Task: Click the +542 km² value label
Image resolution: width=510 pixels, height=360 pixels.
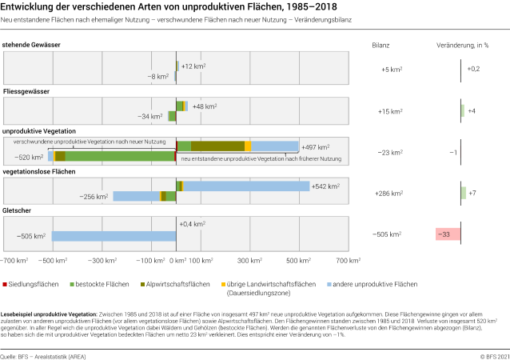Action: [328, 186]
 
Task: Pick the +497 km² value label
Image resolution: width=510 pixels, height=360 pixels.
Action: [315, 147]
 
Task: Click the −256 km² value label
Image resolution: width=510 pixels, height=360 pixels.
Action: [94, 196]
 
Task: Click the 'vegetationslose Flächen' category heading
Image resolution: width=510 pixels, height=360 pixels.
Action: [39, 171]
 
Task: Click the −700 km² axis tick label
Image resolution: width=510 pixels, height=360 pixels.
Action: [14, 261]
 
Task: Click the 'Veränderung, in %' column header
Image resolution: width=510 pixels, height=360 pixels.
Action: [461, 46]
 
